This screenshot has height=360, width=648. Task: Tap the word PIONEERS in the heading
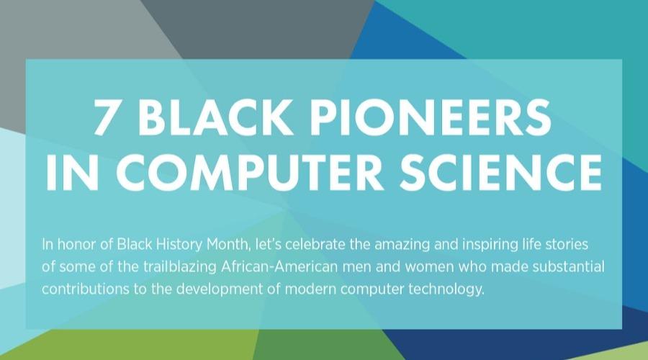431,117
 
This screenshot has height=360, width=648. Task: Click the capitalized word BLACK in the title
215,117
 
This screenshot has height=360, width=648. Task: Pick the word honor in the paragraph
77,245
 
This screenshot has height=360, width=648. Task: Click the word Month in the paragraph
228,245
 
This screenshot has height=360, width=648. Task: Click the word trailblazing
180,267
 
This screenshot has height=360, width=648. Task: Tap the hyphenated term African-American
279,266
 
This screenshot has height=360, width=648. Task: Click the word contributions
86,289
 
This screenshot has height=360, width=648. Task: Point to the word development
219,289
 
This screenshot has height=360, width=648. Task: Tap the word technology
446,289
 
